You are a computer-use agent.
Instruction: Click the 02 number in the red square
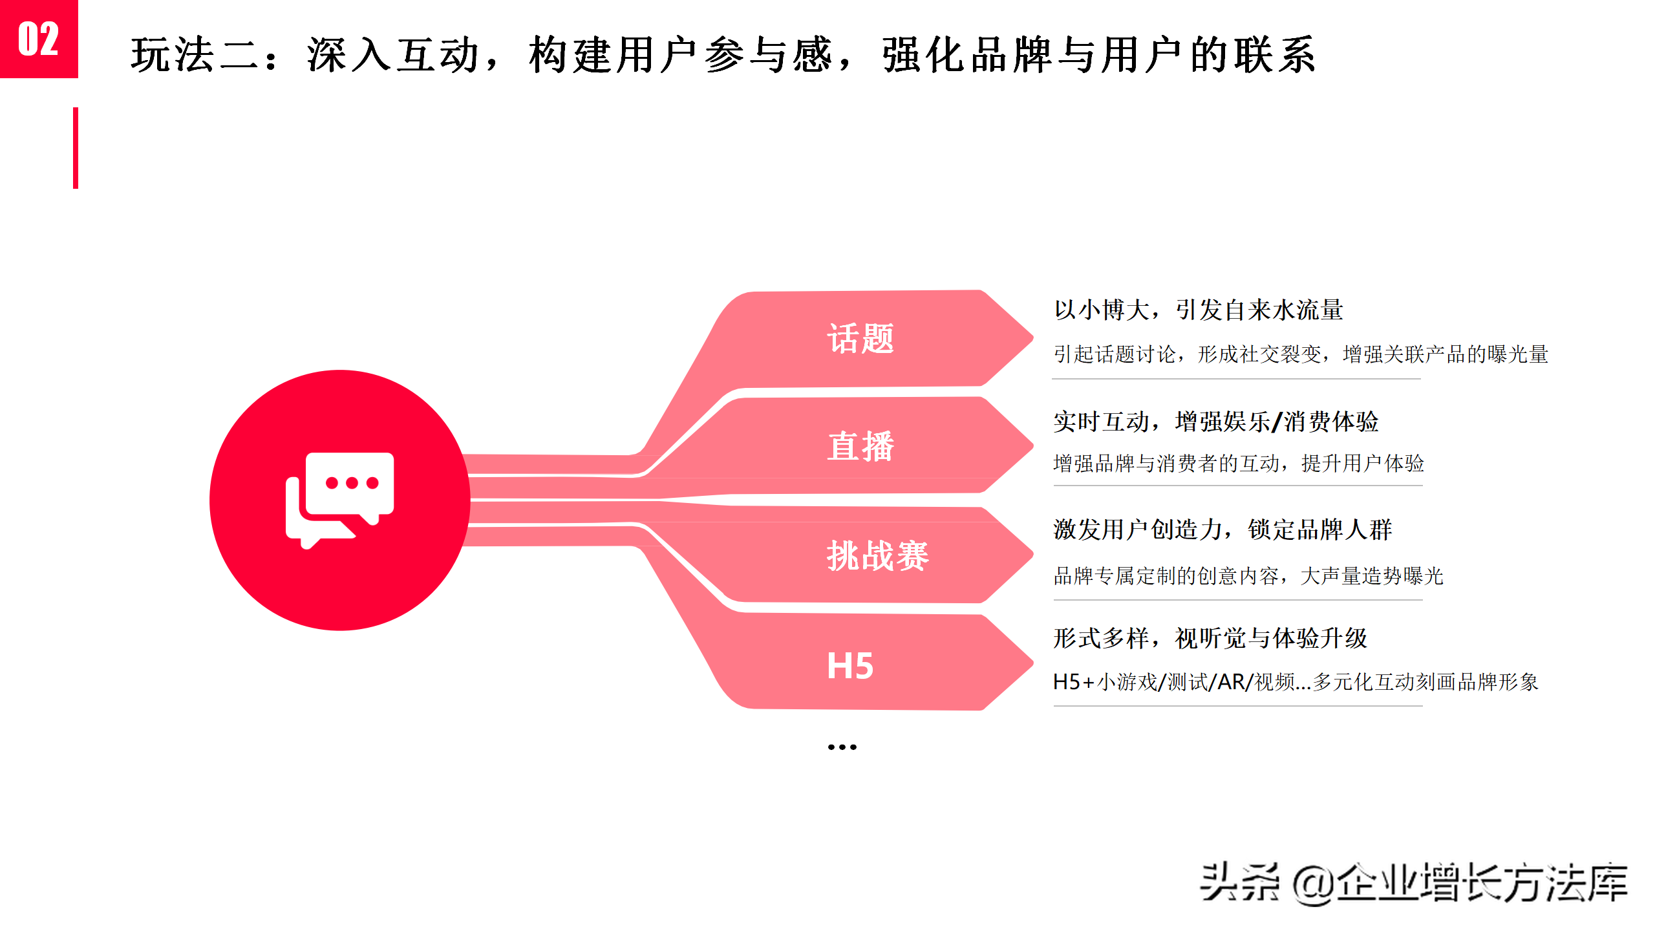pos(38,39)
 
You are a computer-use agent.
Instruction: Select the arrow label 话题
pos(860,339)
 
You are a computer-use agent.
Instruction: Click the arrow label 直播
pos(860,446)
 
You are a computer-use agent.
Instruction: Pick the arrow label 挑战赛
pos(877,556)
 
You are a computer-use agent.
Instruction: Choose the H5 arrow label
pos(850,666)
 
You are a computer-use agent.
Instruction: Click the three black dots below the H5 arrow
pos(842,747)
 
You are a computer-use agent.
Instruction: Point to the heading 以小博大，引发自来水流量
pos(1198,310)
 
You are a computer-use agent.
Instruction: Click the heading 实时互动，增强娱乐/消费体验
pos(1215,422)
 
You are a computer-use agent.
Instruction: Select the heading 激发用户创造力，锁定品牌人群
pos(1222,530)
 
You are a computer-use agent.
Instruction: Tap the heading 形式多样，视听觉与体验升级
pos(1210,639)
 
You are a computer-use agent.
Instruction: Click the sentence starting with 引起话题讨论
pos(1300,354)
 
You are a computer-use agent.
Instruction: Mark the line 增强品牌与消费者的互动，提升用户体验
pos(1238,464)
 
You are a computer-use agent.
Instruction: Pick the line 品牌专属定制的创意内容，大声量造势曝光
pos(1248,575)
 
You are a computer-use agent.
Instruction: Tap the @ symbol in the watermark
pos(1312,884)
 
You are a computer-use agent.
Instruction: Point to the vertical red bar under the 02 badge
pos(76,148)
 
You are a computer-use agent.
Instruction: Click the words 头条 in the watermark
pos(1239,883)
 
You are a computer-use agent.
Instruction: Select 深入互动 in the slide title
pos(393,55)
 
